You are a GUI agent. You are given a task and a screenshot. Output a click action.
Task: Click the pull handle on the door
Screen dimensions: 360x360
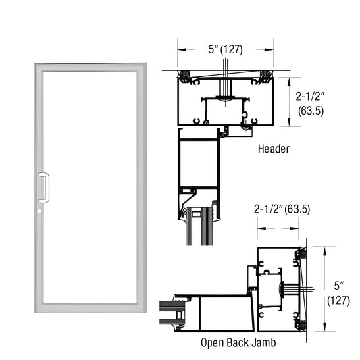tap(45, 187)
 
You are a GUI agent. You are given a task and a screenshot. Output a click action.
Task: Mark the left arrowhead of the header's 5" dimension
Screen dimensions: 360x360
tap(180, 49)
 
